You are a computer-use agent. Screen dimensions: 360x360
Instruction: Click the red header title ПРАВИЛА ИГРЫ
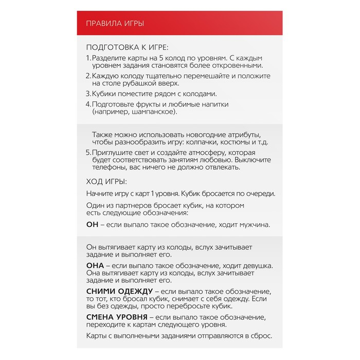pos(115,23)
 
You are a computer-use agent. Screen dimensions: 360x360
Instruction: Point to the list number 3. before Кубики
pos(88,94)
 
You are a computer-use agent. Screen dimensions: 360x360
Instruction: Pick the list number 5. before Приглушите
pos(88,153)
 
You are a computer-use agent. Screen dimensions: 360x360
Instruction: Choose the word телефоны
pos(106,168)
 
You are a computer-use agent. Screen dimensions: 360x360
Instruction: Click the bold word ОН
pos(92,225)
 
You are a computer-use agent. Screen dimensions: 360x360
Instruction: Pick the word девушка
pos(254,266)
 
